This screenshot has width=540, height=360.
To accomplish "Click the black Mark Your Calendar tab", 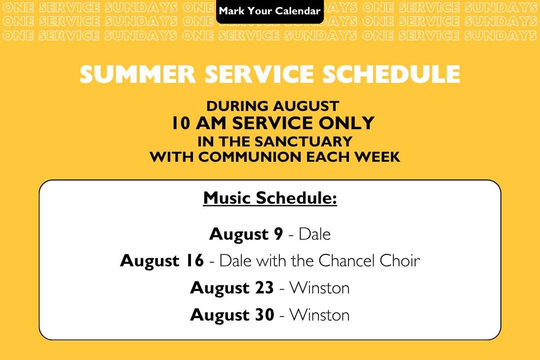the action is point(270,11).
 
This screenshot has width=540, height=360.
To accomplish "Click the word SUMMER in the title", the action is point(138,74).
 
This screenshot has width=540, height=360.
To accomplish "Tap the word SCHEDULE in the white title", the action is point(391,74).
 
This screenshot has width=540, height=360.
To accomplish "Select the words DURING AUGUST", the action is point(273,106).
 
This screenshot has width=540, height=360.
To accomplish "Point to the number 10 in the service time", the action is point(181,123).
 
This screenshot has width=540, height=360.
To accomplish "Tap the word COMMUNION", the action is point(250,157).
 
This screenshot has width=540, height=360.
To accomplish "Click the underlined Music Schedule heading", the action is point(270,198).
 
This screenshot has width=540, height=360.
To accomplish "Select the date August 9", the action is point(246,235).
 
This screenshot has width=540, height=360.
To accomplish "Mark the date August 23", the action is point(232,288).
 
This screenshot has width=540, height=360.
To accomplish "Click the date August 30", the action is point(232,315).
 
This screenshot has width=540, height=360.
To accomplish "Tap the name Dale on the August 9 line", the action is point(315,234).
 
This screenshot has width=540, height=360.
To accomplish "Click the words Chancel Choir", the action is point(369,260).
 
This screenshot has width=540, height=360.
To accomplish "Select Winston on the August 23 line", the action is point(319,288).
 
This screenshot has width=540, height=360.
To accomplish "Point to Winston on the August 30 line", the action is point(319,315).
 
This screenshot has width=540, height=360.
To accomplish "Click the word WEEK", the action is point(378,157).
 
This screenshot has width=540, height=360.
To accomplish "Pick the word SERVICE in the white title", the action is point(259,74).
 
